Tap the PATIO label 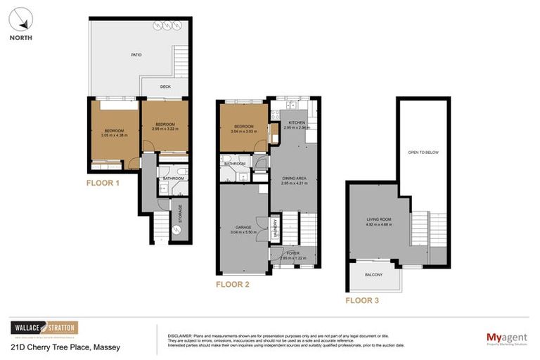coord(137,54)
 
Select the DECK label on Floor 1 coord(165,87)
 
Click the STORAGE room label coord(180,213)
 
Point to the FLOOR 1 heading coord(103,183)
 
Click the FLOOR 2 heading coord(232,285)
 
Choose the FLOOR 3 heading coord(361,300)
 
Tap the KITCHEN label coord(293,123)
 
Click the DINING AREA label coord(295,179)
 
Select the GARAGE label coord(244,227)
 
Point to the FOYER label coord(292,254)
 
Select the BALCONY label coord(373,274)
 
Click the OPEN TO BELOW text coord(423,152)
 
